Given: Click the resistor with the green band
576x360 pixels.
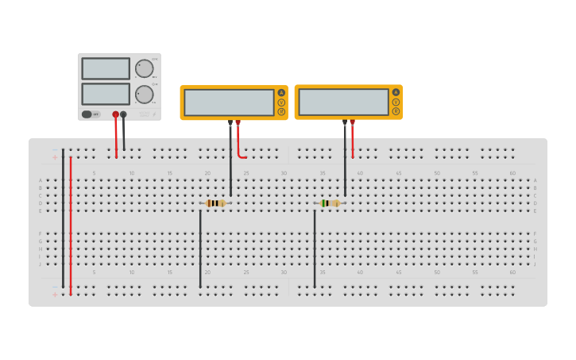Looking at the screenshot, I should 329,203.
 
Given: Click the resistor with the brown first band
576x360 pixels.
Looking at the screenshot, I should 215,203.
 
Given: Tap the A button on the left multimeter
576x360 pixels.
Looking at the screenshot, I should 281,93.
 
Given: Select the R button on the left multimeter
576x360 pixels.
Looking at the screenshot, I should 281,111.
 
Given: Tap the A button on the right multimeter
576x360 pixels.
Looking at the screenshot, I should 396,92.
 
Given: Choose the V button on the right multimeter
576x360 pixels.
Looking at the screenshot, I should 396,102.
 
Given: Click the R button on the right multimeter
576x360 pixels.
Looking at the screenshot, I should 396,111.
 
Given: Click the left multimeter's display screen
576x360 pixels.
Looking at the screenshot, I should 229,103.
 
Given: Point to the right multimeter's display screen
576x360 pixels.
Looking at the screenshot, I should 343,102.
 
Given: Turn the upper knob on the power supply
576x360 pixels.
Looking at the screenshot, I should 144,68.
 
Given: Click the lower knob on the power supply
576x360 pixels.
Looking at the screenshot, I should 144,94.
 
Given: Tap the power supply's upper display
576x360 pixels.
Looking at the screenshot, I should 106,68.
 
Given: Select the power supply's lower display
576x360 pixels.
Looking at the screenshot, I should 106,94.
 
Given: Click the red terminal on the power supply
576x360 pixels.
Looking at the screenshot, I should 115,114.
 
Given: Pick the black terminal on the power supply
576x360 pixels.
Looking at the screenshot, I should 123,114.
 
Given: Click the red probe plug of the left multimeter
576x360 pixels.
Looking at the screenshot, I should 238,123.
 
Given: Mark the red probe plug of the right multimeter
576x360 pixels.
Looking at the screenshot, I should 352,123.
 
